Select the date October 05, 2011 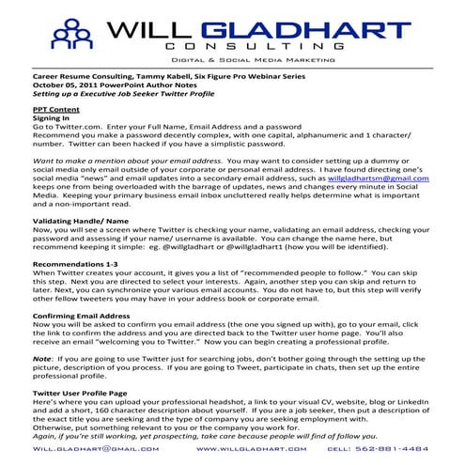(66, 86)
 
